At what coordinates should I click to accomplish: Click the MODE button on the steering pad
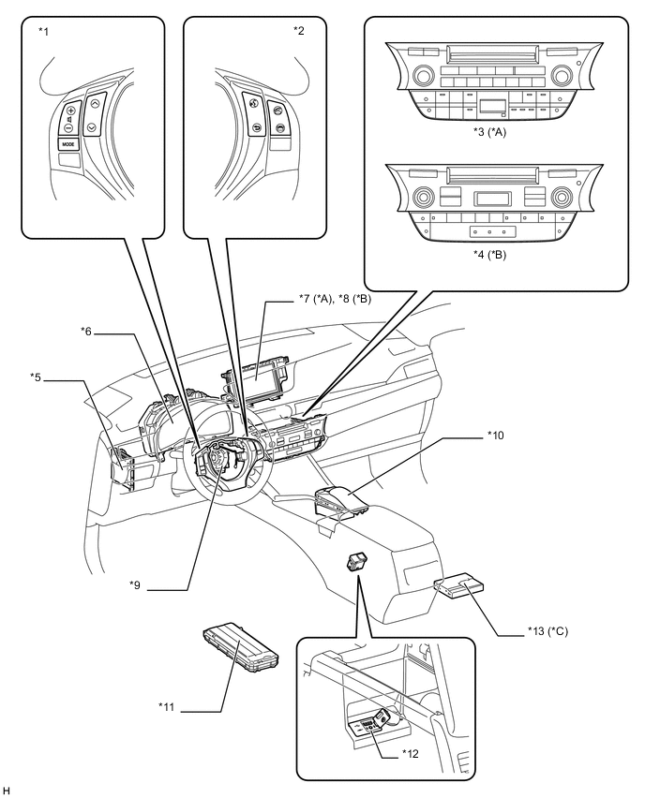tap(68, 144)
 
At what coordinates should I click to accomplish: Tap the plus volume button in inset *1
tap(70, 111)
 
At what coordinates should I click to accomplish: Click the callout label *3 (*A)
tap(489, 132)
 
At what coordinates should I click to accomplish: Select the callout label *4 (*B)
tap(489, 255)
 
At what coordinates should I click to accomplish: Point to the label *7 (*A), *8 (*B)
tap(334, 300)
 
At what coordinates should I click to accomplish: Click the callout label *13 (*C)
tap(547, 631)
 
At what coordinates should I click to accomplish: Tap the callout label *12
tap(410, 754)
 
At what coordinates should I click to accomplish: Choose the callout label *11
tap(167, 706)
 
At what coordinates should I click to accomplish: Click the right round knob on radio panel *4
tap(561, 196)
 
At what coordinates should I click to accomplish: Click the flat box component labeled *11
tap(241, 643)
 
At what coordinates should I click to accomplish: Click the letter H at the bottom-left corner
tap(7, 791)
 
